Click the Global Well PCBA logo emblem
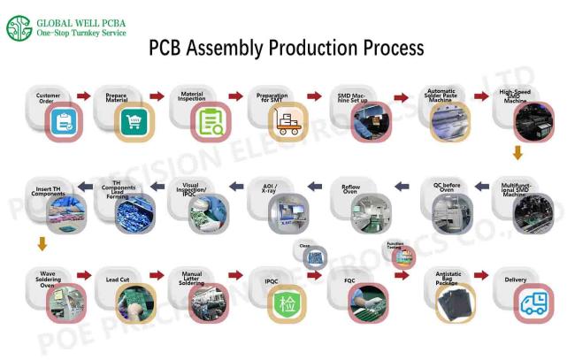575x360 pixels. click(x=19, y=27)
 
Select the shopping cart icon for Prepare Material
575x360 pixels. click(x=136, y=122)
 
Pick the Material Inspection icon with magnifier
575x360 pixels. click(x=211, y=122)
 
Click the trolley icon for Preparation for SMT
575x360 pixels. click(x=287, y=122)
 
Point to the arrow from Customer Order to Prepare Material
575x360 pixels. click(x=84, y=96)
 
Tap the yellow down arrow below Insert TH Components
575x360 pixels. click(x=41, y=243)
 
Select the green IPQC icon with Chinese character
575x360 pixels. click(x=288, y=303)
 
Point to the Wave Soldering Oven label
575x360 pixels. click(x=42, y=279)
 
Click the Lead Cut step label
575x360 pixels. click(x=118, y=279)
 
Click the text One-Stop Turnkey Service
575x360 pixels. click(x=80, y=33)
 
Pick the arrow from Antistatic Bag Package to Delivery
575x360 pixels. click(x=480, y=276)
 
